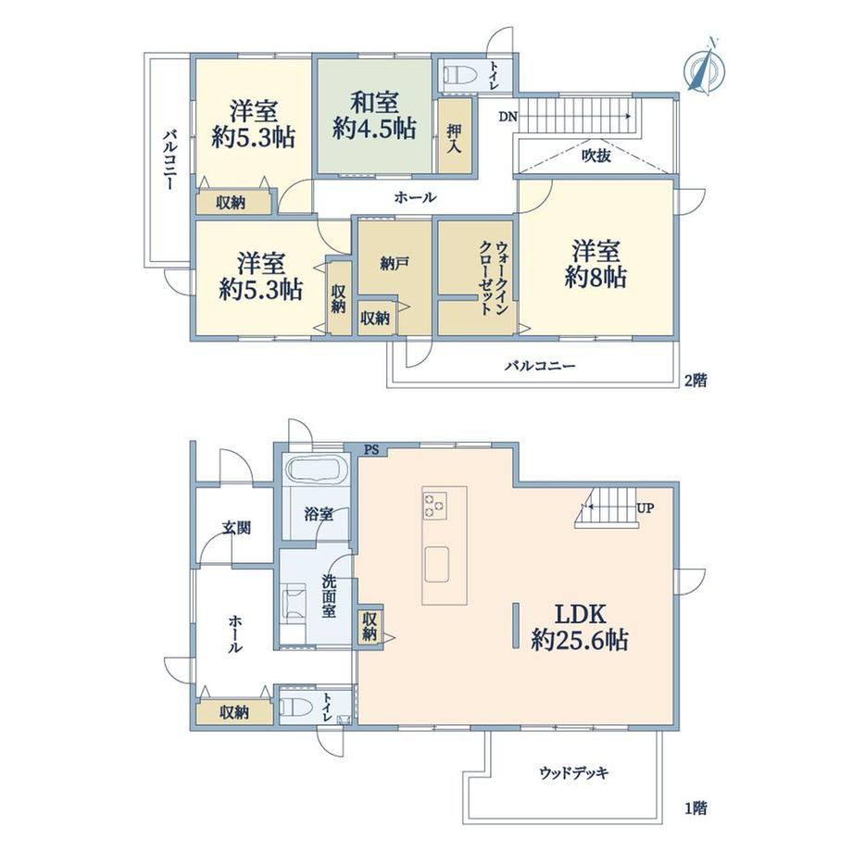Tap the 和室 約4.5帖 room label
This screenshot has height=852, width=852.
[x=374, y=115]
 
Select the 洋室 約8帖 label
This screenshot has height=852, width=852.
[x=595, y=265]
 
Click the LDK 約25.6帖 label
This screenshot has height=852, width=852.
[x=580, y=627]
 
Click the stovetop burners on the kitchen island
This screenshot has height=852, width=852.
[x=434, y=505]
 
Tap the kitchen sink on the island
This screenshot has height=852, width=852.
[x=437, y=565]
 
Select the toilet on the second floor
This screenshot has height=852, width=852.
[x=460, y=74]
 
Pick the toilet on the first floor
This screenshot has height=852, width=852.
[x=295, y=708]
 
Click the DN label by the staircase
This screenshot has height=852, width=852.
[x=508, y=117]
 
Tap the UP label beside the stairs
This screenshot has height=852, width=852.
[x=645, y=508]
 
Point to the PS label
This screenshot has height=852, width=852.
[x=371, y=450]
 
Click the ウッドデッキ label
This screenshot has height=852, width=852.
[x=574, y=772]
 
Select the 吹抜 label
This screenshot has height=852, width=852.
[x=596, y=156]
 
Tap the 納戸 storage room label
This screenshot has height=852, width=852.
[x=394, y=264]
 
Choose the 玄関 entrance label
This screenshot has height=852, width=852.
[x=236, y=528]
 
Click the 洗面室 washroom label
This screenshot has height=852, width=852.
[x=329, y=596]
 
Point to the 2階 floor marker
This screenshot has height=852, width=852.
[x=695, y=381]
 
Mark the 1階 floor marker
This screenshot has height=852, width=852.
[x=695, y=808]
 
